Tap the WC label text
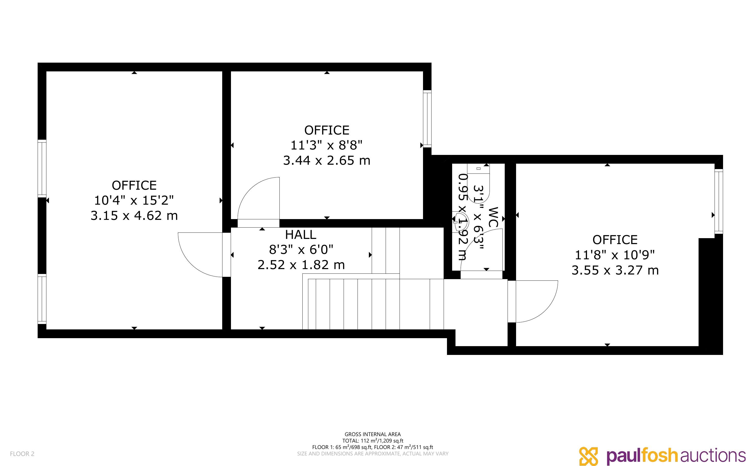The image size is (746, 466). (x=493, y=217)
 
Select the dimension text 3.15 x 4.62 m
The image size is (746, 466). (x=134, y=215)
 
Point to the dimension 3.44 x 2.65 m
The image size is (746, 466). (x=327, y=161)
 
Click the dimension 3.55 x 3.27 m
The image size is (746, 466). (x=615, y=270)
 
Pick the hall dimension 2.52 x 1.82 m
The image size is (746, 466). (x=301, y=265)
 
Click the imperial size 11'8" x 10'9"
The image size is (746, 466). (x=615, y=255)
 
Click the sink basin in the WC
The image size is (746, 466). (x=461, y=219)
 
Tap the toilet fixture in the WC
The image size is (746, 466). (x=478, y=182)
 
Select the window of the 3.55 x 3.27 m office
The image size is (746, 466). (x=719, y=201)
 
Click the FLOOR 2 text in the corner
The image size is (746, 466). (x=22, y=454)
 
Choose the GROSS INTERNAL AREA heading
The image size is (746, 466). (x=372, y=434)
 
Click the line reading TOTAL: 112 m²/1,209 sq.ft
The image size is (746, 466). (x=372, y=441)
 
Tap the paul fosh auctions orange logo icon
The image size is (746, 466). (x=588, y=456)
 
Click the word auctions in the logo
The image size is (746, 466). (x=713, y=456)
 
